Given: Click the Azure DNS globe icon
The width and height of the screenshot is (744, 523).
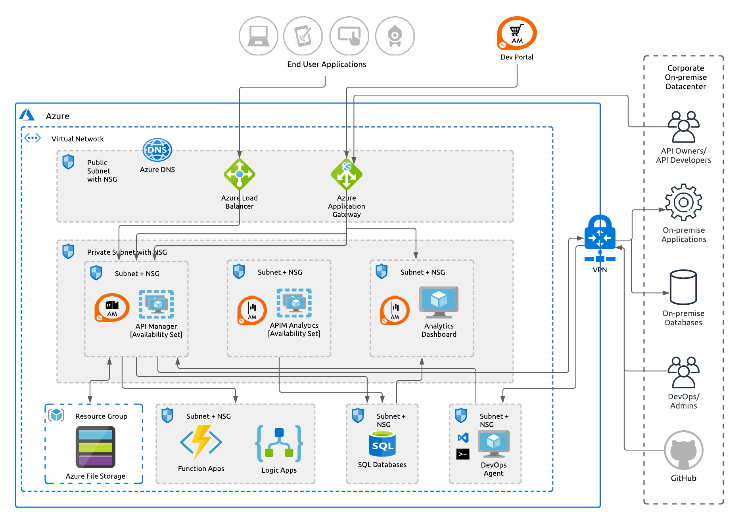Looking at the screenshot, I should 157,150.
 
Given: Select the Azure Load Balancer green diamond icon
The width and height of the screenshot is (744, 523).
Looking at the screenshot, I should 239,174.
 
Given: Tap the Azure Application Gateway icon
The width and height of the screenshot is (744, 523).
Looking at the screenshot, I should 346,174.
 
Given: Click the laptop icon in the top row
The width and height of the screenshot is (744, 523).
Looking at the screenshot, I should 258,36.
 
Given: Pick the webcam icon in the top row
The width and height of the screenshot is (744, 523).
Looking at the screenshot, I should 395,36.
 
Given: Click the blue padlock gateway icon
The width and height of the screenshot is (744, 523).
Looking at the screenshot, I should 600,234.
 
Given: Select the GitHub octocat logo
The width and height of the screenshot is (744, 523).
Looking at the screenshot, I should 683,450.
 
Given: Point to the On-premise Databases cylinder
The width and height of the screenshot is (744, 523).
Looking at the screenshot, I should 683,287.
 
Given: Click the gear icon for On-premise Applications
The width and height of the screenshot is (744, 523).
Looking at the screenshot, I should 683,202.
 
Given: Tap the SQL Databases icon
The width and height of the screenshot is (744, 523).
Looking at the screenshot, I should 382,444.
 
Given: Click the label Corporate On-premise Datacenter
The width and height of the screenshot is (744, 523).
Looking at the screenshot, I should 686,77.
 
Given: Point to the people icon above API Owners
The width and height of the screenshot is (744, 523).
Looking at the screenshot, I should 683,127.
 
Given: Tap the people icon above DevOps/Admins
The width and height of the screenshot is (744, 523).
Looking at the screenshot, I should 683,372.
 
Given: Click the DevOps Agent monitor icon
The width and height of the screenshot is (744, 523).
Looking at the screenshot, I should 493,444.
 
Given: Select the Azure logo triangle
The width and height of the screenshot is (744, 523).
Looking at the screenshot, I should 27,115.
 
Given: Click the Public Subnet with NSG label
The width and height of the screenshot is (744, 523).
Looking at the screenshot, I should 102,171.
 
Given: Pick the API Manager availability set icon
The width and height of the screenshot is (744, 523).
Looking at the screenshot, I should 156,304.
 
